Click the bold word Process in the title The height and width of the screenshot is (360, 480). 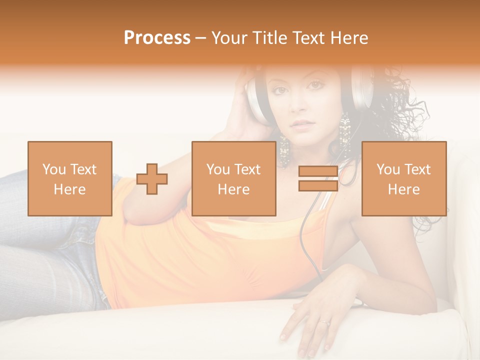[x=157, y=38]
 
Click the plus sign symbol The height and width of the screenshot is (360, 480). [x=152, y=179]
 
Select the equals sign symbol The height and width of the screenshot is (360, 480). [x=318, y=178]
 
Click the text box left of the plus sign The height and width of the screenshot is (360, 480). [x=70, y=178]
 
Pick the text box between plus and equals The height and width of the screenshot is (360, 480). [x=233, y=178]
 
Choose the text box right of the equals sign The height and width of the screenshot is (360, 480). [x=403, y=178]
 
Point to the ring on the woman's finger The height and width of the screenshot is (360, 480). [x=326, y=322]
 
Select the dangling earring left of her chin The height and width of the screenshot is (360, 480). [x=284, y=150]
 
